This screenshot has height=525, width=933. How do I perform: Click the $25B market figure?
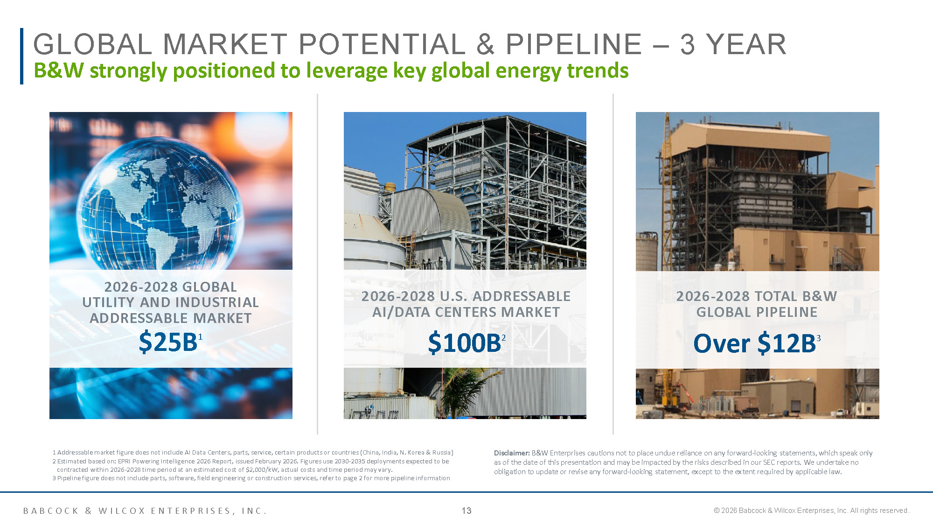click(168, 342)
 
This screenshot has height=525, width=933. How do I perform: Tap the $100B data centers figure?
click(464, 343)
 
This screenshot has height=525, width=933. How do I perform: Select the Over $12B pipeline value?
click(754, 343)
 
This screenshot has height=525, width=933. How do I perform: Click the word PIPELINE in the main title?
click(574, 45)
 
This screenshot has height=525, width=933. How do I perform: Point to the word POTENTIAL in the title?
click(382, 45)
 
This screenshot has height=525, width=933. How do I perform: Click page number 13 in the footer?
click(466, 511)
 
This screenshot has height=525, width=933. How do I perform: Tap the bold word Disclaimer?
click(512, 453)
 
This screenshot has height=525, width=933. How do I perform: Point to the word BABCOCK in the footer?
click(51, 511)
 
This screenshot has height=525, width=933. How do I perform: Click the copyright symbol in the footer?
click(717, 511)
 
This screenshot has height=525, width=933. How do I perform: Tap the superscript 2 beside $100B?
click(503, 337)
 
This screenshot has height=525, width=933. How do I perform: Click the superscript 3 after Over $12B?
click(818, 338)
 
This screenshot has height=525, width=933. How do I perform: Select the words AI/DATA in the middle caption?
click(402, 312)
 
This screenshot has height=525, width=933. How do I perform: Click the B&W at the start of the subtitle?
click(59, 71)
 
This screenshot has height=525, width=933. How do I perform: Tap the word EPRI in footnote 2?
click(124, 462)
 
